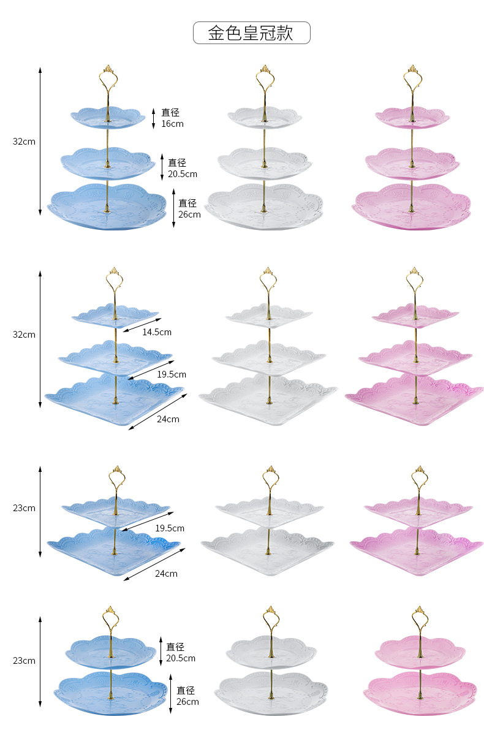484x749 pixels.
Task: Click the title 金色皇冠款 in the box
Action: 251,32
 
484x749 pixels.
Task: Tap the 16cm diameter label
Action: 172,118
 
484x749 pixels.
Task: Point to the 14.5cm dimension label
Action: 157,332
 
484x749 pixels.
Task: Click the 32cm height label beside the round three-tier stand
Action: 25,141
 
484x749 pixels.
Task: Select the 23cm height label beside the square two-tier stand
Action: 25,508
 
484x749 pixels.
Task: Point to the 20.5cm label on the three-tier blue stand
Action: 183,168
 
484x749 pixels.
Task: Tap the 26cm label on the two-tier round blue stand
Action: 187,696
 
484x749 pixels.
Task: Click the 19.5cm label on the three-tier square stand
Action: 171,374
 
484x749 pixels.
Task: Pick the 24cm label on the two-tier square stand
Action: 166,574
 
